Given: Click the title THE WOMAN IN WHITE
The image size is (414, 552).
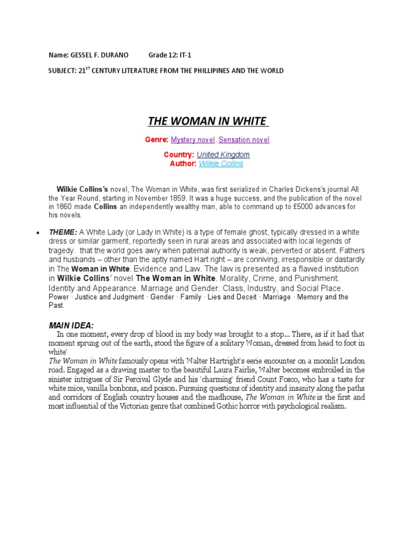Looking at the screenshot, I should [x=208, y=121].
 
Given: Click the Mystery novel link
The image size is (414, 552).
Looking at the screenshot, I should [x=192, y=140].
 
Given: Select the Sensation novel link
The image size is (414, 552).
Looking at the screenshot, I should [x=244, y=140].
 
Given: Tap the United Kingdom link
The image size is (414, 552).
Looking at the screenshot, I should [x=223, y=155].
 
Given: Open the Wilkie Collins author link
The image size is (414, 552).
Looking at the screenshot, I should [x=221, y=164].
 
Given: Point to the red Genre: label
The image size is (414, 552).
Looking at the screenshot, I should [x=157, y=140].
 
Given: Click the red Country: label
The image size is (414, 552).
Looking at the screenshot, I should [x=179, y=155].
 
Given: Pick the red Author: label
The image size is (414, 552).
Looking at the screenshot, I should [x=183, y=164].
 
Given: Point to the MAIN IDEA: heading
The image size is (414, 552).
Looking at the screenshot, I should [x=71, y=326].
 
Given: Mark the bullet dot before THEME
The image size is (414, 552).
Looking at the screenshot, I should [x=37, y=233].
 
